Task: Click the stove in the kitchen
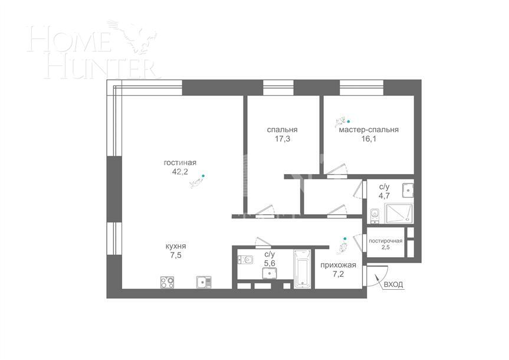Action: (x=167, y=282)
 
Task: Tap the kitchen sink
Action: (x=202, y=282)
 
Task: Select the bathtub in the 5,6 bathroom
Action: (x=302, y=270)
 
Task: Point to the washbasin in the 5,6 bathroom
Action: (x=270, y=273)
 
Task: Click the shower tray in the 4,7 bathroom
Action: (x=399, y=213)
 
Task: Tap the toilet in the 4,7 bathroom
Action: (x=375, y=213)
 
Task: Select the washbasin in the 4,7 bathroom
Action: (x=406, y=190)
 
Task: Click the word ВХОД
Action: (x=393, y=285)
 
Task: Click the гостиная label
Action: (x=180, y=163)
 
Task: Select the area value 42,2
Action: (x=180, y=172)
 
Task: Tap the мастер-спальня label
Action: (x=369, y=130)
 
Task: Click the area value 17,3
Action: (x=282, y=139)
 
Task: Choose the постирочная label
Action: (x=386, y=241)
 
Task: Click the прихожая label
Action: (x=339, y=265)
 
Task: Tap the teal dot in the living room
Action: (x=203, y=176)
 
